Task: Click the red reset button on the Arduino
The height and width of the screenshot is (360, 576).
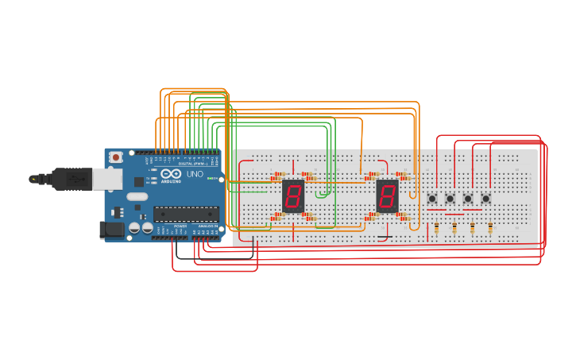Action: [x=116, y=157]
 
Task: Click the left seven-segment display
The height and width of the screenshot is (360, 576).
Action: [x=293, y=195]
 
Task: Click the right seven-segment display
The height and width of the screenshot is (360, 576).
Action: [x=387, y=195]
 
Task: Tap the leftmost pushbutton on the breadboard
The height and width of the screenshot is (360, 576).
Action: [x=432, y=198]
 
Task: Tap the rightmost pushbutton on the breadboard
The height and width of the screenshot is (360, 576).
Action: [x=485, y=198]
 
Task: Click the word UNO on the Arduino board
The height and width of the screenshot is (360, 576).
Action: [x=195, y=174]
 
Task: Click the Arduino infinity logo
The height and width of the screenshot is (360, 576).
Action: [x=171, y=174]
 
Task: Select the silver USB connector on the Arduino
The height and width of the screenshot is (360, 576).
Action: [x=106, y=179]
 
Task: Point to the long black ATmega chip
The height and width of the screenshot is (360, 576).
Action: [x=186, y=213]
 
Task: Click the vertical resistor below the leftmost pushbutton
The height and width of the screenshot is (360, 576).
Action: [x=436, y=229]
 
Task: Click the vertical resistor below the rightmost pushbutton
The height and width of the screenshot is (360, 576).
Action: [x=490, y=229]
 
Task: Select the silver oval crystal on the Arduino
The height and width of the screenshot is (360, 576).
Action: [x=137, y=196]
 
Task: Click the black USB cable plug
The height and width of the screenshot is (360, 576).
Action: [x=72, y=180]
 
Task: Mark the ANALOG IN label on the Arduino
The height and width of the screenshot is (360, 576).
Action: [x=207, y=226]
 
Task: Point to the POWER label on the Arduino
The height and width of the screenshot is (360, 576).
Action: [x=180, y=226]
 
